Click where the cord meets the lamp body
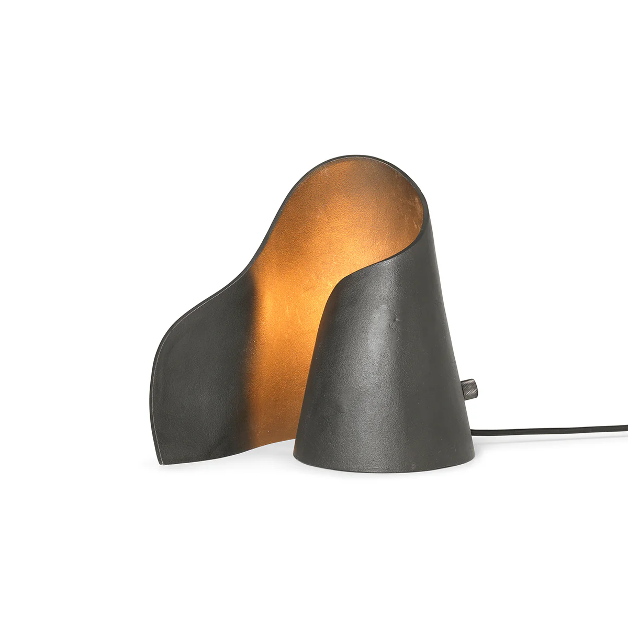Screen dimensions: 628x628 [472, 432]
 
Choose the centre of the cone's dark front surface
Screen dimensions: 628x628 [382, 377]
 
